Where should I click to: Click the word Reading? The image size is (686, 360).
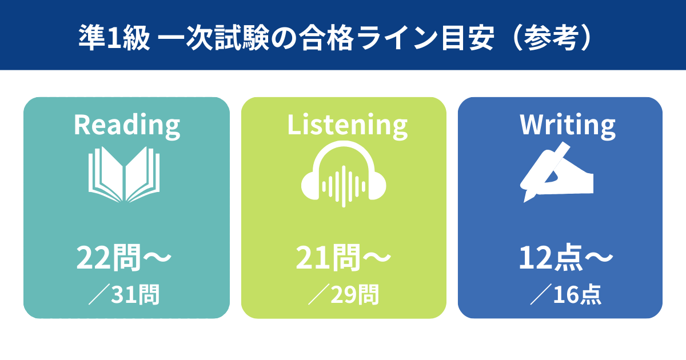tap(127, 126)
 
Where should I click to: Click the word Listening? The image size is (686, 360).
tap(348, 126)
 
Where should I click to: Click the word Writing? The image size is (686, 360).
tap(568, 126)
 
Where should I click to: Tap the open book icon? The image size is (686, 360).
tap(124, 174)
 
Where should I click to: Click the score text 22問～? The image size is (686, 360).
tap(123, 258)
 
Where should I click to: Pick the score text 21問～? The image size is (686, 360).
tap(344, 258)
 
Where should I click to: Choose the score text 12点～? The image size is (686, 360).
tap(566, 258)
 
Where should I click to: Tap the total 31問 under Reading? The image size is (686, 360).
tap(135, 294)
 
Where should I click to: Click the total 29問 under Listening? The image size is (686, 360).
tap(354, 294)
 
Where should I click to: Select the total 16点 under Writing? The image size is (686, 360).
tap(577, 294)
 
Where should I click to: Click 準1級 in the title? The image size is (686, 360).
tap(114, 37)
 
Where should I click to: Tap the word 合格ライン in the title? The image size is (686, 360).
tap(369, 37)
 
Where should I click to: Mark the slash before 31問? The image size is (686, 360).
tap(99, 294)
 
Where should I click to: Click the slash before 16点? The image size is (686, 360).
tap(541, 294)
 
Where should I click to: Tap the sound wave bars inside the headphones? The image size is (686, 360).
tap(344, 186)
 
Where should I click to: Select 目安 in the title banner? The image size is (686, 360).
tap(468, 37)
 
